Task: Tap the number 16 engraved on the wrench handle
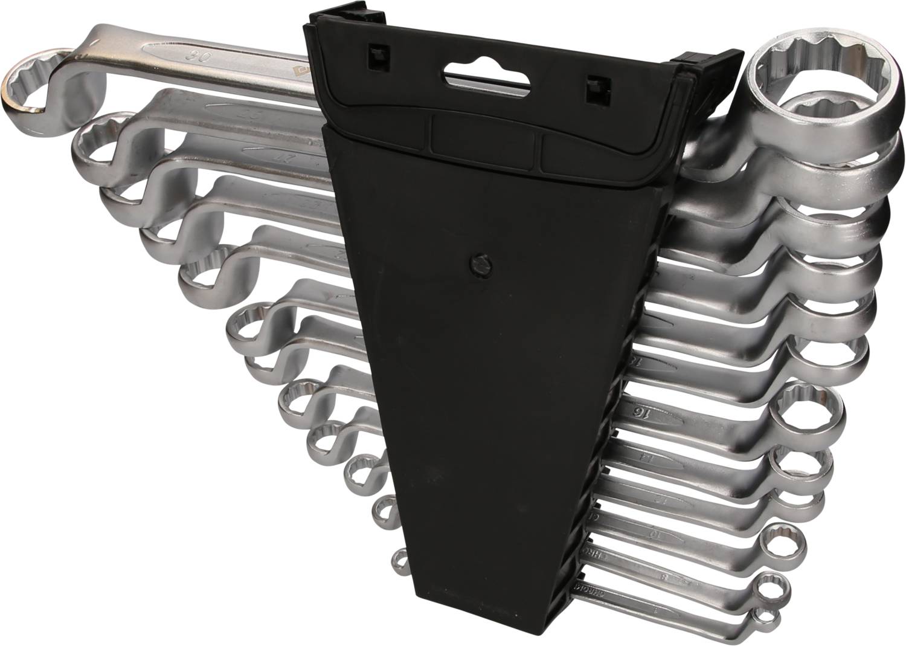636,412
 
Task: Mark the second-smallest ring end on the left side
384,509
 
